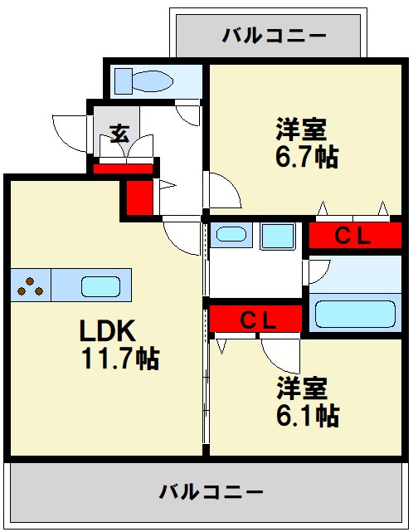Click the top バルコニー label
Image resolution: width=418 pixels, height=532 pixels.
pos(275,36)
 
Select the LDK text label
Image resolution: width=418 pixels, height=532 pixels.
pos(107,330)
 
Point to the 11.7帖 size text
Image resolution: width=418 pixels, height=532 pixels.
pos(119,359)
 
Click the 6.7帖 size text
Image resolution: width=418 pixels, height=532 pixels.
pos(306,157)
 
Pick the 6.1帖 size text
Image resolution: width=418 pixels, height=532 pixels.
pos(307,414)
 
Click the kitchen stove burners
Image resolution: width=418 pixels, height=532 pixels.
pos(31,286)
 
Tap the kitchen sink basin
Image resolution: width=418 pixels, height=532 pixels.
pos(103,286)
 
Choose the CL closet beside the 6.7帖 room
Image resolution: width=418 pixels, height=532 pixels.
pos(352,236)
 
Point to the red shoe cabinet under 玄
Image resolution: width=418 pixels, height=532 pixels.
pos(123,169)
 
